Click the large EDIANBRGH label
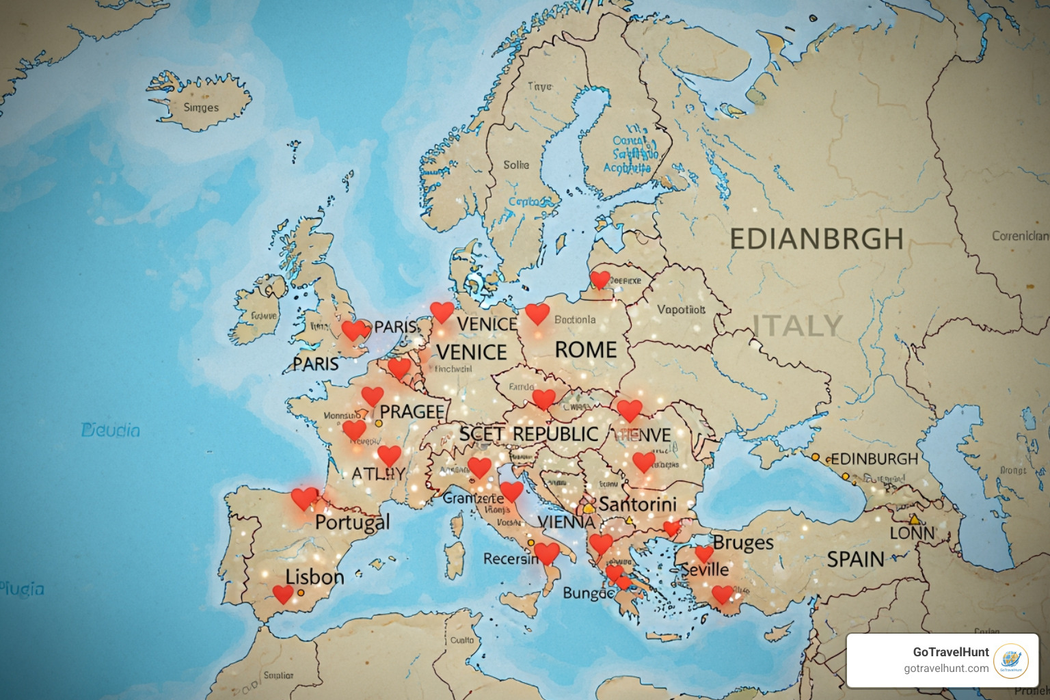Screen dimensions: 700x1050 tap(816, 239)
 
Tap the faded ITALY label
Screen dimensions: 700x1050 tap(797, 325)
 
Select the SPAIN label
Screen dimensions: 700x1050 tap(855, 559)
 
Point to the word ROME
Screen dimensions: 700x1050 tap(585, 350)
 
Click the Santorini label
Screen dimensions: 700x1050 tap(637, 504)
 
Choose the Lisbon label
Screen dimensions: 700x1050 tap(314, 577)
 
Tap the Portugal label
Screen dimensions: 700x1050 tap(352, 523)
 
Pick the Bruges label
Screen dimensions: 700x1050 tap(743, 543)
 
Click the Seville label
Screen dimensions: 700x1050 tap(706, 569)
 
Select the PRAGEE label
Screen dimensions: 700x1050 tap(412, 412)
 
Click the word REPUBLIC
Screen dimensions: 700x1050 tap(555, 434)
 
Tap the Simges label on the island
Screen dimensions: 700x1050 tap(201, 107)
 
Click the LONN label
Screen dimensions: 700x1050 tap(912, 533)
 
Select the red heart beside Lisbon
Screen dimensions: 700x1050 tap(282, 593)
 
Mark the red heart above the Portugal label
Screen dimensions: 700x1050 tap(304, 498)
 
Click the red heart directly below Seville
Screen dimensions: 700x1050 tap(722, 594)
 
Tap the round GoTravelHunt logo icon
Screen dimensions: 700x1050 tap(1010, 660)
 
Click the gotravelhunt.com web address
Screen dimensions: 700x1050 tap(945, 669)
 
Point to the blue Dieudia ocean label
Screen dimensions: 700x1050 tap(110, 430)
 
